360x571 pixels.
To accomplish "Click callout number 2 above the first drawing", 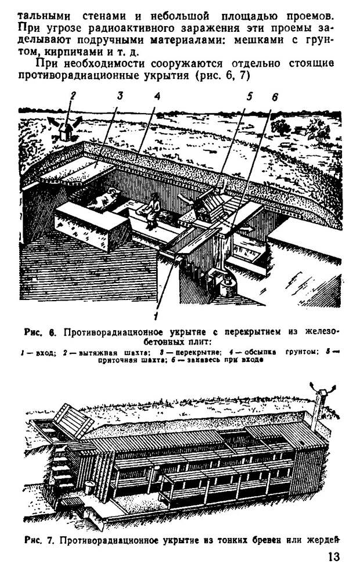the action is (x=73, y=96).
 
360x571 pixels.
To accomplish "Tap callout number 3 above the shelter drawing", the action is (x=120, y=96).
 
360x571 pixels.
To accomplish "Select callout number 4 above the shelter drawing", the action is (x=157, y=96).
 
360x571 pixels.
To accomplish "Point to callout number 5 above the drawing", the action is (x=249, y=96).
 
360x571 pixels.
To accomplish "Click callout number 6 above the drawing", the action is (x=275, y=97).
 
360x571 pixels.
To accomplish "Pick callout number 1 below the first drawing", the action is (x=156, y=315).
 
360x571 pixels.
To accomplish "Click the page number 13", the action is (x=333, y=557).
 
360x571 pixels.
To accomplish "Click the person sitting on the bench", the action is (x=152, y=211).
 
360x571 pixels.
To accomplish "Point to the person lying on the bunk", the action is (x=106, y=198).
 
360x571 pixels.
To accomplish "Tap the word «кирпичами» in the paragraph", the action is (x=67, y=51).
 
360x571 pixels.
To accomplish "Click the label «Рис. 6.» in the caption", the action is (x=40, y=332).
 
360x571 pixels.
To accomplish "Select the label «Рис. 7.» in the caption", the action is (x=39, y=540).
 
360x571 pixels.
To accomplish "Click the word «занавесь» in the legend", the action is (x=195, y=360).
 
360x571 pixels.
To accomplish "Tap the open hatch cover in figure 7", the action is (x=74, y=421).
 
